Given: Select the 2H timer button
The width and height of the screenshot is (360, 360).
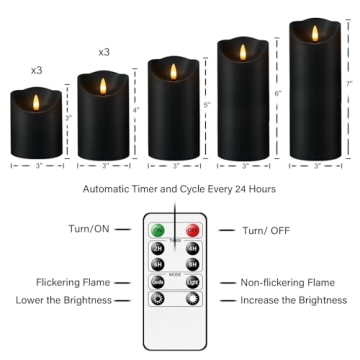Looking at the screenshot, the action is tap(157, 249).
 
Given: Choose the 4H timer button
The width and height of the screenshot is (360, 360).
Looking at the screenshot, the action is tap(191, 249).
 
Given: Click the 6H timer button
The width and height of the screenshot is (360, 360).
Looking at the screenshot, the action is tap(157, 265).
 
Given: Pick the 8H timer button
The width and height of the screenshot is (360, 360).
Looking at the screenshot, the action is tap(191, 265).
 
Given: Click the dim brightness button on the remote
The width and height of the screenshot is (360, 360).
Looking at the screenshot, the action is tap(157, 300).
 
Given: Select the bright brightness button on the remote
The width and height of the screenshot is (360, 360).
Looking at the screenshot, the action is tap(191, 300).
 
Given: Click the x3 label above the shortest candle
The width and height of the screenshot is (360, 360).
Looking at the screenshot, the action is tap(37, 70).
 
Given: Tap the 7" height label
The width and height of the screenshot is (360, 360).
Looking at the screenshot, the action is tap(349, 85).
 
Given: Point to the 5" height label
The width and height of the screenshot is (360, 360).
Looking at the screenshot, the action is tap(207, 105).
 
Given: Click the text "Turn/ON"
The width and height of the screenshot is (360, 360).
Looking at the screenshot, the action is tap(90, 230).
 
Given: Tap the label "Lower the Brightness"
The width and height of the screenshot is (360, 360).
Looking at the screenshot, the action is tap(63, 300).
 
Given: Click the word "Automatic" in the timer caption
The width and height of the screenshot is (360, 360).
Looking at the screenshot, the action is tap(129, 189).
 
